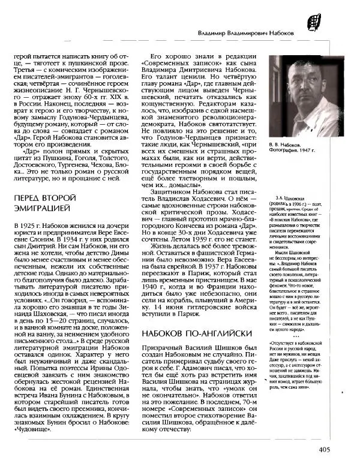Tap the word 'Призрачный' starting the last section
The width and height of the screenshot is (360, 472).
(x=165, y=348)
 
